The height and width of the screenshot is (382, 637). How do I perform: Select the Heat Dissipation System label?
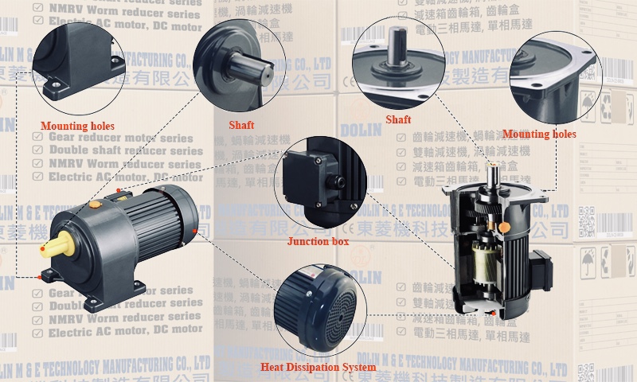click(x=318, y=367)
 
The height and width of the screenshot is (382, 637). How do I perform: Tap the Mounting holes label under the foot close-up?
click(x=77, y=126)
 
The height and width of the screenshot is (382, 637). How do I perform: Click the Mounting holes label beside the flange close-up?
click(x=539, y=134)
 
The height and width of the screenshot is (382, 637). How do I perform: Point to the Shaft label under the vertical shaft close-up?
click(x=398, y=119)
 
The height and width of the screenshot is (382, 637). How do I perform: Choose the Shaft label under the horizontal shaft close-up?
click(x=241, y=125)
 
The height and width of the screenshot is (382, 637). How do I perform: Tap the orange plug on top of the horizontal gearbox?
click(x=96, y=204)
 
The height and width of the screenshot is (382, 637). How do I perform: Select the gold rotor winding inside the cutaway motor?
click(x=480, y=258)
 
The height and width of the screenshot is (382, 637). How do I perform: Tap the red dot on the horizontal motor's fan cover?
click(x=194, y=232)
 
